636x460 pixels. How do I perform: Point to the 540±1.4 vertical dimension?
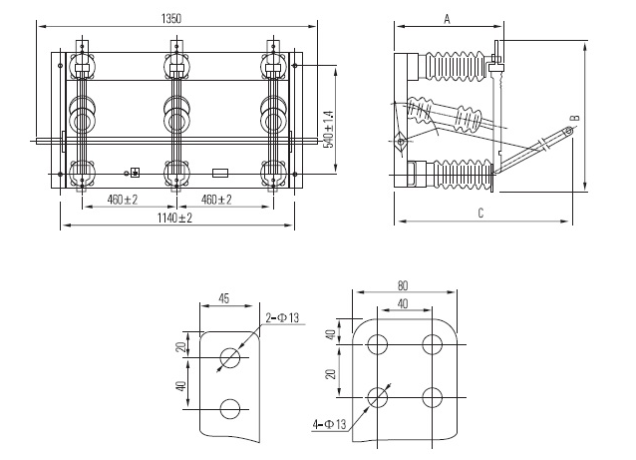(x=330, y=129)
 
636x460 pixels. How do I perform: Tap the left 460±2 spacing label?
(x=122, y=201)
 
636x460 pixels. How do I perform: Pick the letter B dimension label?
(x=573, y=120)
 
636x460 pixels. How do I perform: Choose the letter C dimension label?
(x=479, y=213)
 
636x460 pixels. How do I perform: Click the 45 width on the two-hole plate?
(x=225, y=297)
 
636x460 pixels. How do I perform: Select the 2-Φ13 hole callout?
(x=283, y=318)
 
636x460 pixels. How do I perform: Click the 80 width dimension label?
(x=403, y=285)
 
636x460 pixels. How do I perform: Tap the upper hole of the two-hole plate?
(x=229, y=358)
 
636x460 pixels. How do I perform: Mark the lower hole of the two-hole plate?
(x=229, y=407)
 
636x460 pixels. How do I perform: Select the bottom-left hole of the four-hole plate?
(x=378, y=397)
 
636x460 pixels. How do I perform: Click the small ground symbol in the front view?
(x=135, y=173)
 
